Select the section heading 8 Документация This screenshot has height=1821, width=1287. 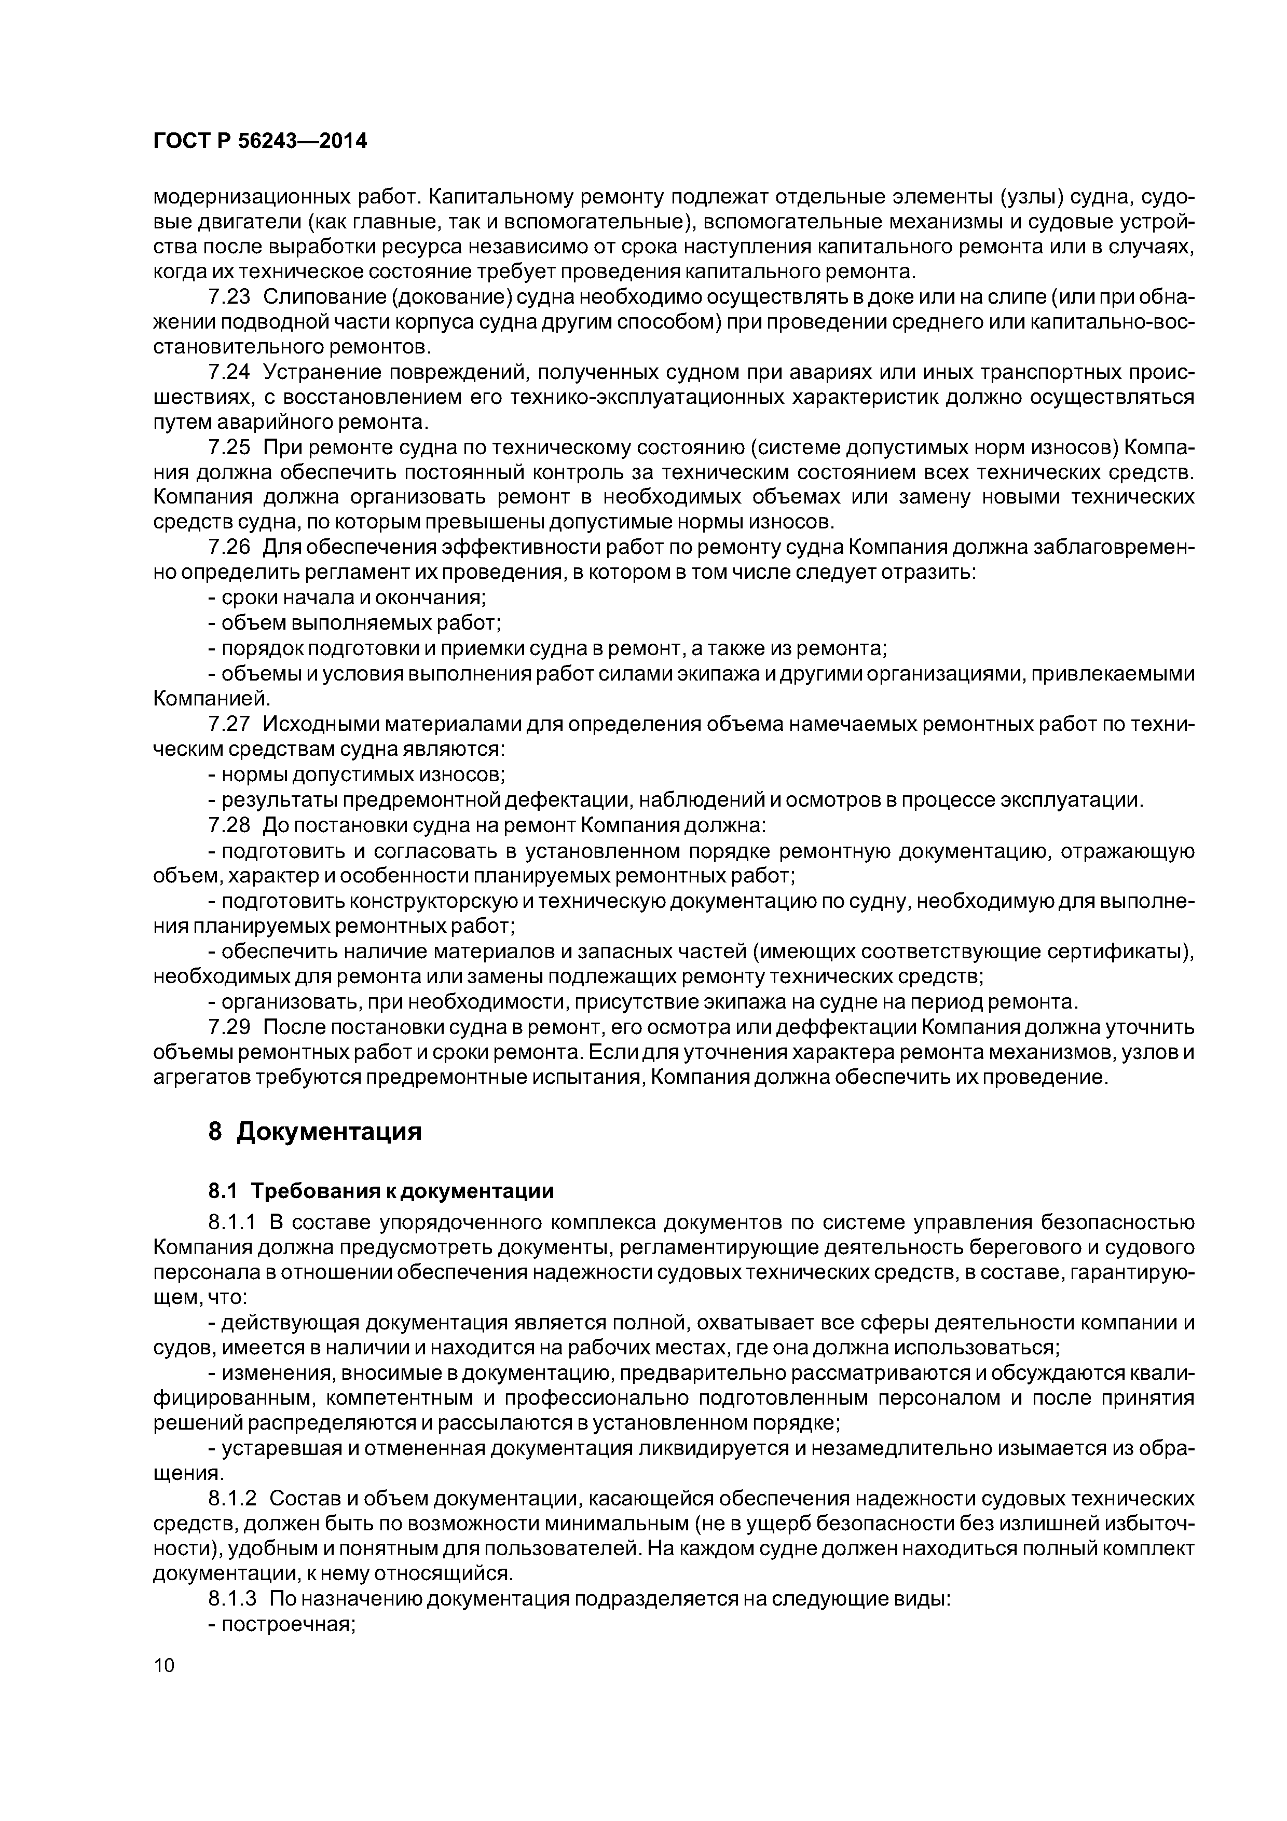point(315,1132)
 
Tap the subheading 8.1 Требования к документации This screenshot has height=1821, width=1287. point(380,1191)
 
